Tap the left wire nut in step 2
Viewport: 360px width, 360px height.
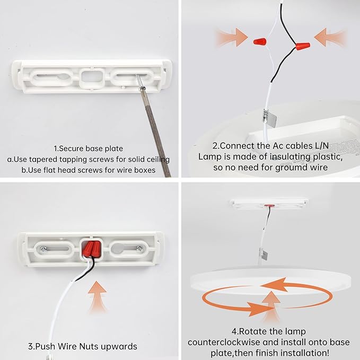[x=260, y=41]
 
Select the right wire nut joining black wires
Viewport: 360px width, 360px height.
[x=303, y=46]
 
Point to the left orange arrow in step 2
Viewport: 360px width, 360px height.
[x=231, y=37]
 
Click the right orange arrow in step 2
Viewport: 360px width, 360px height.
[x=330, y=37]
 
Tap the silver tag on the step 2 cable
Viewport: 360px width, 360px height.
[x=269, y=118]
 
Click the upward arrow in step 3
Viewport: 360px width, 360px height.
[x=98, y=296]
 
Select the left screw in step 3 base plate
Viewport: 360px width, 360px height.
[x=43, y=249]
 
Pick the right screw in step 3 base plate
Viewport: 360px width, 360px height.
[x=139, y=249]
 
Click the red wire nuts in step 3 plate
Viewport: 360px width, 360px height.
[x=91, y=249]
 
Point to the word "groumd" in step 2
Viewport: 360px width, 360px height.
[x=292, y=168]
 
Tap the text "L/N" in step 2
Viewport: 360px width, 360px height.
[x=322, y=146]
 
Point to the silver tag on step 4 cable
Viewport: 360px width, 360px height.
[x=264, y=254]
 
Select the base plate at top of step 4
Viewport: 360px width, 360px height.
[x=269, y=204]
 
